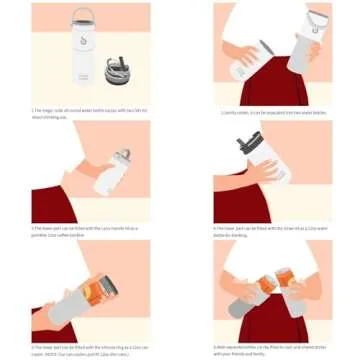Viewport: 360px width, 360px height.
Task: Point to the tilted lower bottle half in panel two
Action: point(249,62)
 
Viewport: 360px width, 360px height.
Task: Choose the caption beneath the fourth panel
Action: point(270,230)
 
